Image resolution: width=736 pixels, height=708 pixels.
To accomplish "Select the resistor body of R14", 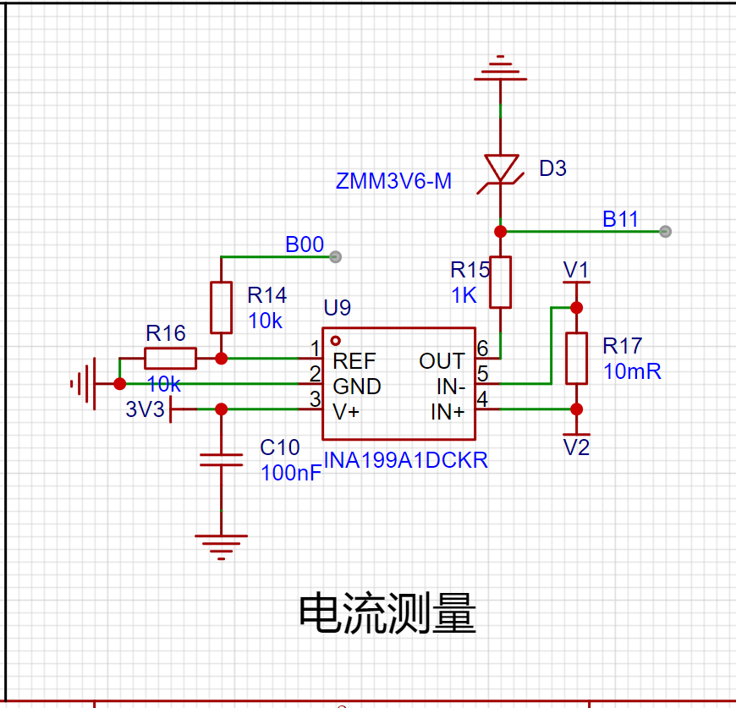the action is (221, 308).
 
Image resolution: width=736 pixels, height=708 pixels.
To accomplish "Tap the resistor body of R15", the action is (500, 282).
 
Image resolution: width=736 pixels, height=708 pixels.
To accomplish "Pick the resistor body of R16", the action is (170, 359).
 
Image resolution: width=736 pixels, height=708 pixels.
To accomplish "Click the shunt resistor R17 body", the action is (576, 359).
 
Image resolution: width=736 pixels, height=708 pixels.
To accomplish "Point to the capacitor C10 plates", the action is (221, 460).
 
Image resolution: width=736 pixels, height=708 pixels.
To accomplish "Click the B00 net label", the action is (305, 244).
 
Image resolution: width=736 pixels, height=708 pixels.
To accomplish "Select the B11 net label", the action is (620, 219).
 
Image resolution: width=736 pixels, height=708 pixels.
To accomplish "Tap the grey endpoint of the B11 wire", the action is (665, 231).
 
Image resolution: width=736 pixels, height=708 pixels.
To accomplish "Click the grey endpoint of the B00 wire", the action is (335, 256).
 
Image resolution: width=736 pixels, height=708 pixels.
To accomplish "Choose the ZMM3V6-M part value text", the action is (393, 181).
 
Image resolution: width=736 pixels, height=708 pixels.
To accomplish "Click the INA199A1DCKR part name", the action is (406, 460).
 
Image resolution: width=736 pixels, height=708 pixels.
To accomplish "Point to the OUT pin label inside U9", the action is (442, 361).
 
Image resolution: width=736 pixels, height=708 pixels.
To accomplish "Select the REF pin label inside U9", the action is (354, 361).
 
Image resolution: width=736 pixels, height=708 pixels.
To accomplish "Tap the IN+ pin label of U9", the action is (448, 412).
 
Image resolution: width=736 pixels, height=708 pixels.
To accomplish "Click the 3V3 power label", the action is (145, 409).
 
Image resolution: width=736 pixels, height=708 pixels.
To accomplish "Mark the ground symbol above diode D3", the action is (500, 69).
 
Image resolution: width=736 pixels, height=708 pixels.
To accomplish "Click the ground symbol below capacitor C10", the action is (221, 547).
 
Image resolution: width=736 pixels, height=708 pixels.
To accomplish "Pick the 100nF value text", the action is (291, 473).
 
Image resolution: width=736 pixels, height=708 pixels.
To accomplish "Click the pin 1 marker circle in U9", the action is (335, 341).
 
